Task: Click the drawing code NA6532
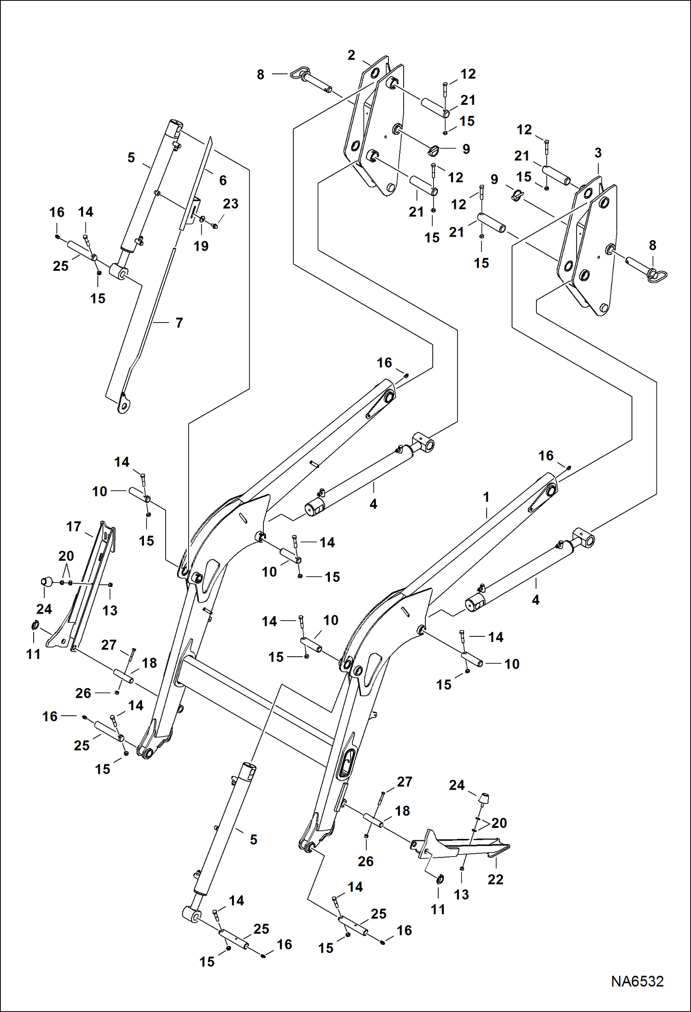[637, 981]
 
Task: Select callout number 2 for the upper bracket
[351, 55]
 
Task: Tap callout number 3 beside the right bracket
[598, 153]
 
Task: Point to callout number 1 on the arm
[486, 497]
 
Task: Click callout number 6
[223, 180]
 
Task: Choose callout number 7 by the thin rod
[179, 323]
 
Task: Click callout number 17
[73, 527]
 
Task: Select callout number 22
[495, 879]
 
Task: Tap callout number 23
[230, 204]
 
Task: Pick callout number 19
[201, 246]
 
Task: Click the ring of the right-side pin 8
[658, 276]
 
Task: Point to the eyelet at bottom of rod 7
[123, 405]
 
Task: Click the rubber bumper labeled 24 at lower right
[484, 798]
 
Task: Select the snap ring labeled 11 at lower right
[440, 879]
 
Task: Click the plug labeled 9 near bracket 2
[433, 150]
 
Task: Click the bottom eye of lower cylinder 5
[191, 914]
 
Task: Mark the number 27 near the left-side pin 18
[109, 645]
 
